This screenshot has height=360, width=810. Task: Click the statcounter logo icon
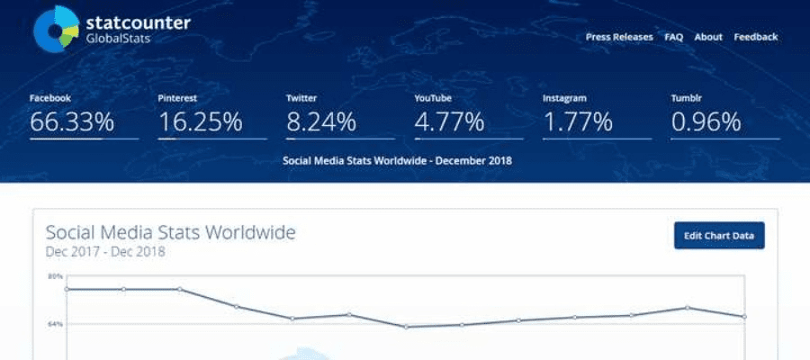pyautogui.click(x=57, y=29)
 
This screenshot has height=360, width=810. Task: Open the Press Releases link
pyautogui.click(x=620, y=37)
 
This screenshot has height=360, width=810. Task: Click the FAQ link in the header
pyautogui.click(x=674, y=37)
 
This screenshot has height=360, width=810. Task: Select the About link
pyautogui.click(x=708, y=37)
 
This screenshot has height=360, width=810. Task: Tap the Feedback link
pyautogui.click(x=755, y=37)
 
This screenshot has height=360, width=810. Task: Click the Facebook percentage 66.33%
pyautogui.click(x=72, y=121)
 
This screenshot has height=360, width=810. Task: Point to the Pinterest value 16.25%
pyautogui.click(x=200, y=121)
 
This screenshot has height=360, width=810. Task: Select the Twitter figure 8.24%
pyautogui.click(x=321, y=121)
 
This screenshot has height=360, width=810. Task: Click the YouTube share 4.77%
pyautogui.click(x=449, y=121)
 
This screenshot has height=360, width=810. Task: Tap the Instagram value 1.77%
pyautogui.click(x=578, y=121)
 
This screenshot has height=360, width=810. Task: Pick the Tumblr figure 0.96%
pyautogui.click(x=706, y=121)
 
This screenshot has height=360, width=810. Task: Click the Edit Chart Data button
pyautogui.click(x=718, y=236)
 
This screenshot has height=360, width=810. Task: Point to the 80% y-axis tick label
pyautogui.click(x=55, y=276)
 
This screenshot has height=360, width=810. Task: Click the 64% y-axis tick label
pyautogui.click(x=55, y=323)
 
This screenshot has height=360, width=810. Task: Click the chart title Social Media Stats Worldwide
pyautogui.click(x=170, y=233)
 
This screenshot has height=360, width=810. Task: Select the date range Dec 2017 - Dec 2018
pyautogui.click(x=105, y=252)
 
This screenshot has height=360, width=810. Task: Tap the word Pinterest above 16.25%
pyautogui.click(x=177, y=97)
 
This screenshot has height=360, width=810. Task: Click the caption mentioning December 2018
pyautogui.click(x=397, y=161)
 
